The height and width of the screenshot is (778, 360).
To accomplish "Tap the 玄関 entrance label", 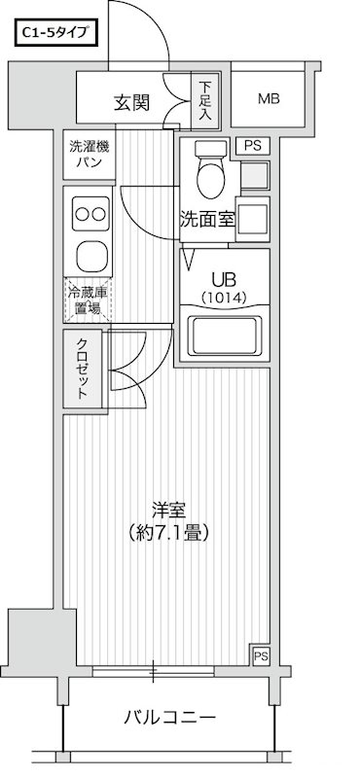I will [x=130, y=101].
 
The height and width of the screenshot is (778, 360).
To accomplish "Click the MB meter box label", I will [x=270, y=98].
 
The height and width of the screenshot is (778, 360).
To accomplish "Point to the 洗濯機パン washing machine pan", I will [x=87, y=156].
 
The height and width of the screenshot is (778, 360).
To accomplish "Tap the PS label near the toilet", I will [x=253, y=147].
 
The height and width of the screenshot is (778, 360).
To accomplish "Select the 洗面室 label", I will [x=206, y=219].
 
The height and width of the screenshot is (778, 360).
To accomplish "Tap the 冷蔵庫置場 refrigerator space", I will [x=88, y=299].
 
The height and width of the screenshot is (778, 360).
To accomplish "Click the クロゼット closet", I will [x=82, y=368].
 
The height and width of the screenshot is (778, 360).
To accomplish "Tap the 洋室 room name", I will [x=168, y=510].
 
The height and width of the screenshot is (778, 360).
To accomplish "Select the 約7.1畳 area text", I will [x=168, y=533].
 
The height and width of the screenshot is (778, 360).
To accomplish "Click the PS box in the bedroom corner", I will [x=260, y=655].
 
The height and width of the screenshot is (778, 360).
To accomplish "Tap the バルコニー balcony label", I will [x=169, y=719].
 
